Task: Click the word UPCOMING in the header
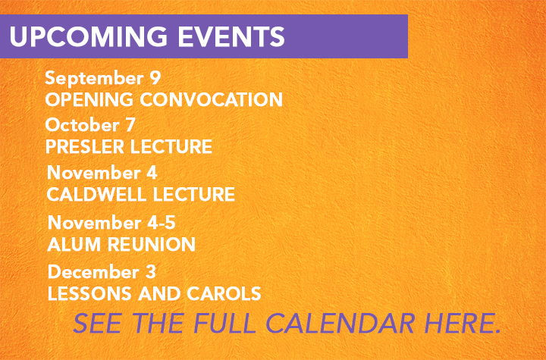[89, 36]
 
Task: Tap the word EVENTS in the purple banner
[231, 36]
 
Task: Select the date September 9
[102, 78]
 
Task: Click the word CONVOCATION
[211, 99]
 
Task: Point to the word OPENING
[89, 99]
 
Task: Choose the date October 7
[90, 125]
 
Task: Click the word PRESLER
[85, 146]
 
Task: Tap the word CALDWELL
[97, 194]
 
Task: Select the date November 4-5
[111, 223]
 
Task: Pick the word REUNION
[152, 244]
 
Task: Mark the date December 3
[102, 271]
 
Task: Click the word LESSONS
[89, 293]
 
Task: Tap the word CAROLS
[224, 293]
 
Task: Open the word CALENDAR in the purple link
[340, 323]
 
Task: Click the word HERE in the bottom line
[462, 323]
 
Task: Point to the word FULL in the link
[224, 323]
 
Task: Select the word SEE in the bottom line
[98, 323]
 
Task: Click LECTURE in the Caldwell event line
[194, 194]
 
